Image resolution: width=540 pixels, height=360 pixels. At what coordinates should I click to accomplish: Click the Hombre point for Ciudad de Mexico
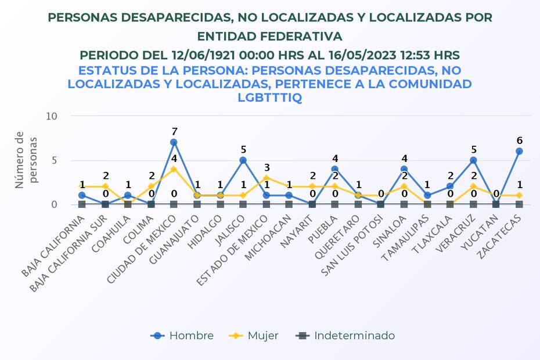pyautogui.click(x=174, y=142)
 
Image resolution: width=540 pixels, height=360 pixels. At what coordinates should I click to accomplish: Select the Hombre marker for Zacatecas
pyautogui.click(x=519, y=151)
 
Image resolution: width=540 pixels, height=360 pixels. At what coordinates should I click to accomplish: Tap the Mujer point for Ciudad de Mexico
pyautogui.click(x=174, y=169)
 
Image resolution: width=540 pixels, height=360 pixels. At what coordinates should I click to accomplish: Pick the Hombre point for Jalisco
pyautogui.click(x=243, y=160)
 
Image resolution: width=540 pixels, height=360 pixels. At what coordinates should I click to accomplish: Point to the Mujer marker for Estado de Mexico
pyautogui.click(x=266, y=178)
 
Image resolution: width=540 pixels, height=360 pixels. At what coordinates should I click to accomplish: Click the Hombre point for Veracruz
pyautogui.click(x=473, y=160)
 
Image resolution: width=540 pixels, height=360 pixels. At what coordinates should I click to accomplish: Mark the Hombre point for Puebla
pyautogui.click(x=335, y=169)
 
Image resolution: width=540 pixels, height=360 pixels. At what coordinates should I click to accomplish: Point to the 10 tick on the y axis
pyautogui.click(x=52, y=116)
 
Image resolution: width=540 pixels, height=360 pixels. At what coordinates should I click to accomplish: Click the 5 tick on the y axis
pyautogui.click(x=55, y=160)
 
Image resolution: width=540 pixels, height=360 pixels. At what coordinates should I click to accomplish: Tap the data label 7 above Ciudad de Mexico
pyautogui.click(x=174, y=131)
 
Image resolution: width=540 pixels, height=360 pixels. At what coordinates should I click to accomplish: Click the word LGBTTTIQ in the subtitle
pyautogui.click(x=269, y=97)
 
